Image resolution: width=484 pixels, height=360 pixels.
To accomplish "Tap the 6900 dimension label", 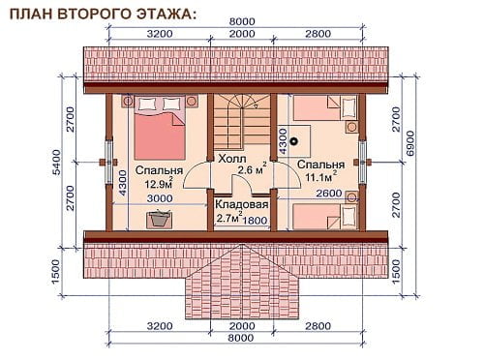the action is point(409,143).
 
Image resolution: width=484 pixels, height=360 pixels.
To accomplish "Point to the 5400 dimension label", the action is point(56,163).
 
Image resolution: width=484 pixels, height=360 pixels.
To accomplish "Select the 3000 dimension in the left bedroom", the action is point(160,198).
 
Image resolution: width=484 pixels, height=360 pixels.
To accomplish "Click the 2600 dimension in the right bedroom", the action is point(329,193).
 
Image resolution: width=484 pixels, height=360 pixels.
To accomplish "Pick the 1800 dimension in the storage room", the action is point(255,221).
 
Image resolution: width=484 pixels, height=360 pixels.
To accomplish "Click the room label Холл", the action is point(232,159).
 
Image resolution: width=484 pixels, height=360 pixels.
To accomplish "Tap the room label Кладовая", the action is point(242,204).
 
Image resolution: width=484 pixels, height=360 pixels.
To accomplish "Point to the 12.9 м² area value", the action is point(159,183).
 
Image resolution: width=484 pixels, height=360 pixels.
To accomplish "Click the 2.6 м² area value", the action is point(252,168).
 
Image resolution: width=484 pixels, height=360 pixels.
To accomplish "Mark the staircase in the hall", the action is point(242,120).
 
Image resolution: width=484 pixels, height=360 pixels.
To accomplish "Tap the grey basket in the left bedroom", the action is point(159,219).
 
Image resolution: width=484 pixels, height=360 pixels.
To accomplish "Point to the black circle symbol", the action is point(294,141).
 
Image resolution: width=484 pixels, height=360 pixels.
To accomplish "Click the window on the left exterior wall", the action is point(109,163).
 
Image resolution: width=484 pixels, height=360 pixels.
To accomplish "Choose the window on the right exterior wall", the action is point(362,163).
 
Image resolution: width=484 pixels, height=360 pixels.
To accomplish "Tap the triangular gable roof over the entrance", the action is point(241,282).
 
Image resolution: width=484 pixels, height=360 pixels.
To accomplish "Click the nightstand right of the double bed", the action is point(193,101).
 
